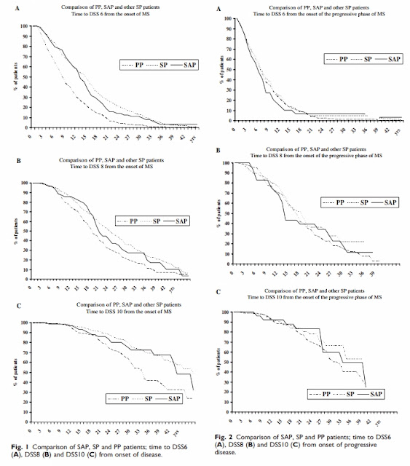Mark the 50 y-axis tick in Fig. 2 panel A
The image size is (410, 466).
pyautogui.click(x=231, y=70)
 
